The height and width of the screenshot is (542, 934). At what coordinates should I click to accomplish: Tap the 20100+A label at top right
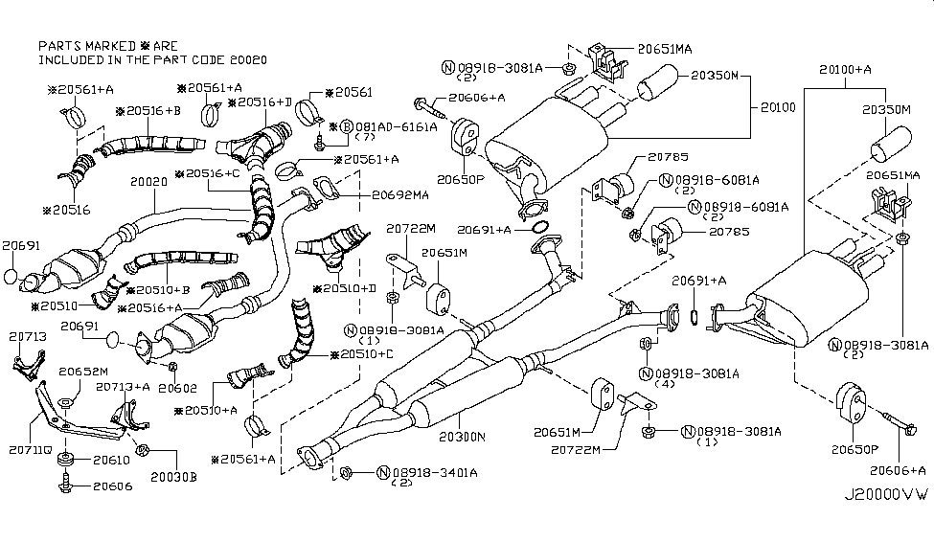coord(845,69)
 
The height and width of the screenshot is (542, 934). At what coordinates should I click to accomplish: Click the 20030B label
coord(172,476)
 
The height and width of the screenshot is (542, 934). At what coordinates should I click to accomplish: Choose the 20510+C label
coord(363,354)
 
